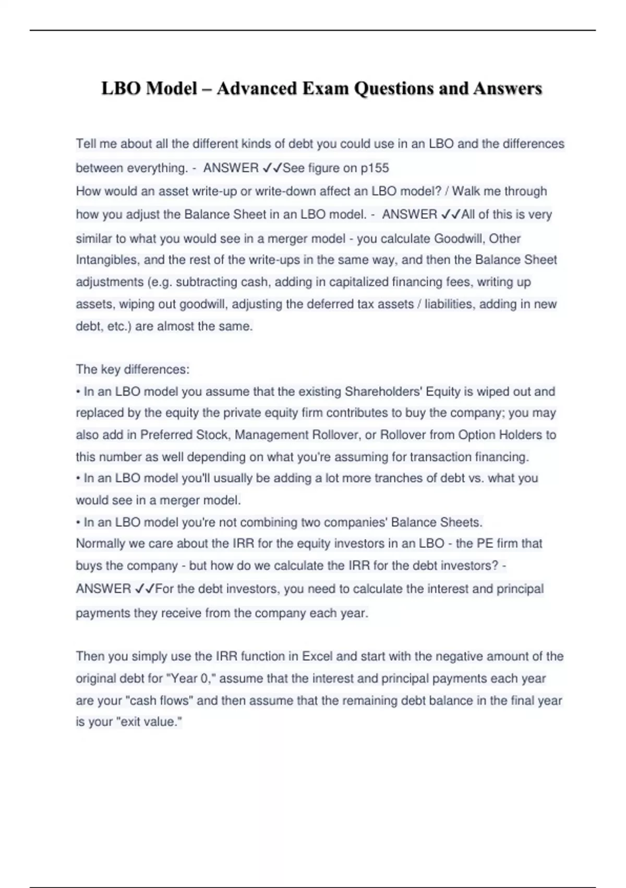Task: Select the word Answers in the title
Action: pos(508,89)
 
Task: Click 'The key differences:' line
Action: pos(133,369)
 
